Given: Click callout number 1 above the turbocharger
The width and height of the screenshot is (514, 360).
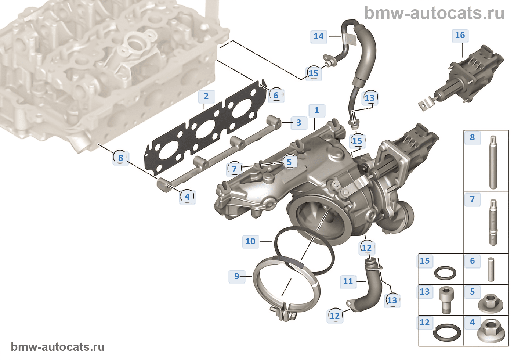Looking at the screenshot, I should click(317, 110).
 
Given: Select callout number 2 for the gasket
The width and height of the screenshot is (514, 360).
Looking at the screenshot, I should click(206, 97).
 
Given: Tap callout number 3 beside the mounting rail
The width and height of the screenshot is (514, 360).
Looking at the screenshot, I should click(298, 123).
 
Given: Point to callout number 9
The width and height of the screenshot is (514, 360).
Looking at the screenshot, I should click(236, 276).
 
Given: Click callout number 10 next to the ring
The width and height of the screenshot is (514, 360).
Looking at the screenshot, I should click(250, 241).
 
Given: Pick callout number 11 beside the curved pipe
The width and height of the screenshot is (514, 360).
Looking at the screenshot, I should click(348, 281).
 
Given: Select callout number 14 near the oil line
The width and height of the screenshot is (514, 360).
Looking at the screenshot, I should click(318, 36).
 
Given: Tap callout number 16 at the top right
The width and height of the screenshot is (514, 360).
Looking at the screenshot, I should click(460, 35).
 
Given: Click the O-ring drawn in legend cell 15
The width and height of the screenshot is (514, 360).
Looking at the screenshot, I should click(445, 273).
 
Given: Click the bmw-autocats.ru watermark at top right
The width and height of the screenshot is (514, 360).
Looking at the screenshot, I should click(434, 13).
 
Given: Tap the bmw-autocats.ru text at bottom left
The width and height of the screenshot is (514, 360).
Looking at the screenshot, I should click(58, 347).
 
